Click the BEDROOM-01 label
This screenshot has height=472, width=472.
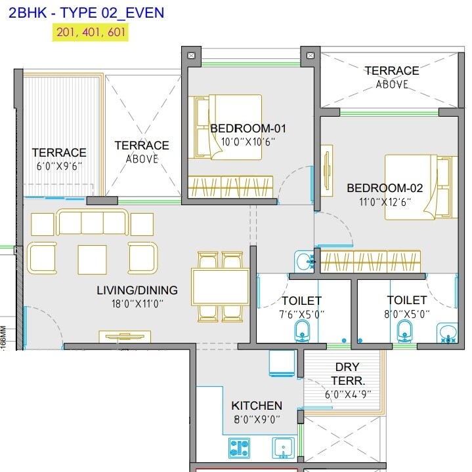click(x=247, y=128)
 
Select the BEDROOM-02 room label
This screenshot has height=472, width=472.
click(x=385, y=188)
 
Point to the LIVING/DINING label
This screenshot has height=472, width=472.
click(x=137, y=290)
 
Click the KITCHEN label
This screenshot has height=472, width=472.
click(x=257, y=406)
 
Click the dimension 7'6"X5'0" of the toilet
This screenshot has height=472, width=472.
click(x=301, y=314)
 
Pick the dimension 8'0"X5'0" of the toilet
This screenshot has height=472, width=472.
click(x=407, y=314)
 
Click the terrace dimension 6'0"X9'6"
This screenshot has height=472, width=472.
click(x=59, y=167)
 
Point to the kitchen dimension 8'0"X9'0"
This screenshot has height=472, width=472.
click(x=256, y=420)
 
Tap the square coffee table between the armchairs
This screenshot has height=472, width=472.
click(x=92, y=260)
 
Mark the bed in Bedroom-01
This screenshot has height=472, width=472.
click(x=225, y=127)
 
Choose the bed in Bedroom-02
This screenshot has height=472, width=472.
click(x=420, y=187)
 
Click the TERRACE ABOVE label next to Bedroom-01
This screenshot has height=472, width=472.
click(x=142, y=151)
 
